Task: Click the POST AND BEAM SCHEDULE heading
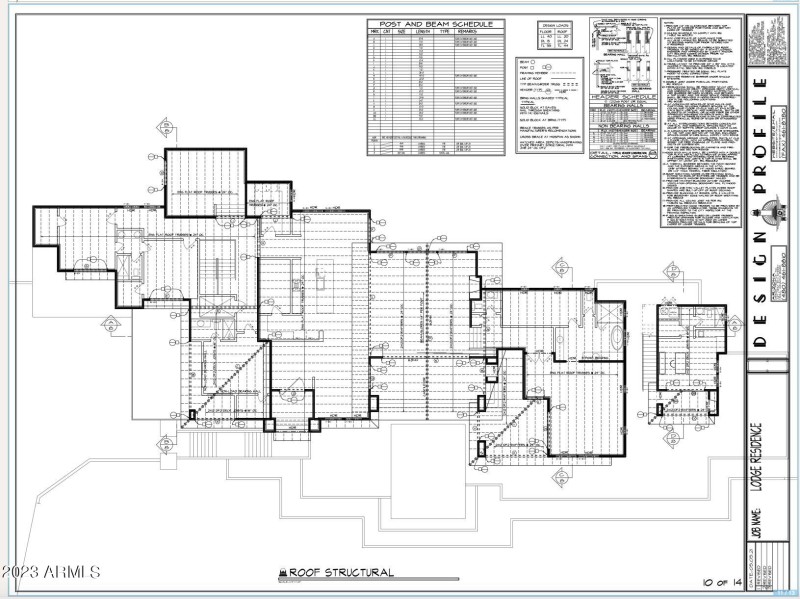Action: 435,24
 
